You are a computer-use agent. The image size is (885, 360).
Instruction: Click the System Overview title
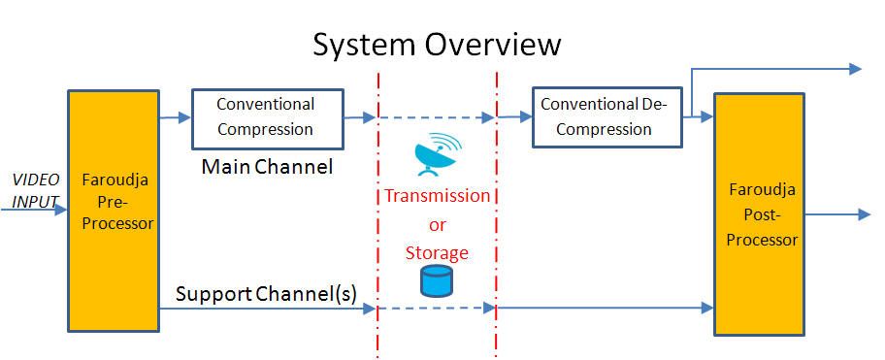click(x=437, y=45)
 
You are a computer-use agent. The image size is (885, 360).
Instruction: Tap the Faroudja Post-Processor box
click(x=759, y=213)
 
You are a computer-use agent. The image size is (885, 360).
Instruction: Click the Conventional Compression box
click(x=265, y=115)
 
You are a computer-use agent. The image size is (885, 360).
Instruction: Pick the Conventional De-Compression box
click(x=606, y=115)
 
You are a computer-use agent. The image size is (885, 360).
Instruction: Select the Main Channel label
click(x=267, y=167)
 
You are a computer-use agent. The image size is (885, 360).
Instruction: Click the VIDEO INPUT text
click(x=35, y=191)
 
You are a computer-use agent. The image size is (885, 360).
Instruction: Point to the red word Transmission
click(x=437, y=196)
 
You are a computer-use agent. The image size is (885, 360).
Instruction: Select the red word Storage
click(x=437, y=253)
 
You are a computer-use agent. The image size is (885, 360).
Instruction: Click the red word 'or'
click(x=437, y=224)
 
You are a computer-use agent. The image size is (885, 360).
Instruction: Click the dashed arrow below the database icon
click(x=436, y=308)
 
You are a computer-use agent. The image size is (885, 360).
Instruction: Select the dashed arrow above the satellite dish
click(x=436, y=117)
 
